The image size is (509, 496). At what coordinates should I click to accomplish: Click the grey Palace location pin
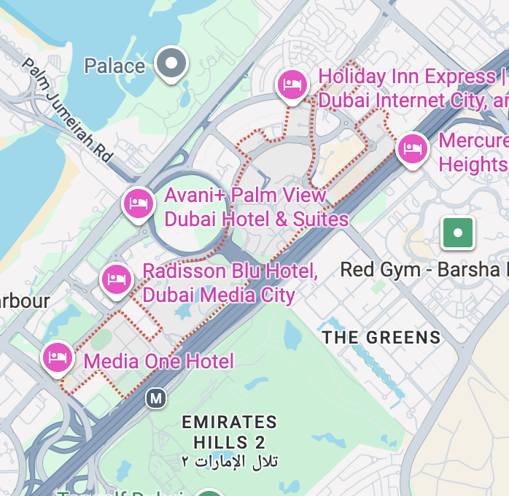(x=171, y=63)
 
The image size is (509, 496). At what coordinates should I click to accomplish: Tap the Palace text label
(x=114, y=66)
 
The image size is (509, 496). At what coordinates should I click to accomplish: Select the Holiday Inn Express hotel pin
(x=292, y=84)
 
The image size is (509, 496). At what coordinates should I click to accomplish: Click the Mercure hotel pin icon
(x=413, y=149)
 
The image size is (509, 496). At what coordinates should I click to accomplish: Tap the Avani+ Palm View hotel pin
(x=139, y=203)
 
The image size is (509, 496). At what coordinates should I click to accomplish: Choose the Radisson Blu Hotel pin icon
(x=116, y=279)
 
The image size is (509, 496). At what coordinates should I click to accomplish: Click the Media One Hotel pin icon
(x=58, y=357)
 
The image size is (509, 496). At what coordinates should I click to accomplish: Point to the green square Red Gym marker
(x=458, y=233)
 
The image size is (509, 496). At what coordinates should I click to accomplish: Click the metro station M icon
(x=155, y=398)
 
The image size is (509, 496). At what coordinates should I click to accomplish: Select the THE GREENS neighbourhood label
(x=381, y=337)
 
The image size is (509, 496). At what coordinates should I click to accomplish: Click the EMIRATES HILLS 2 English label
(x=229, y=432)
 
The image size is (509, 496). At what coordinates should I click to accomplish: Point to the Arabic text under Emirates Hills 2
(x=229, y=461)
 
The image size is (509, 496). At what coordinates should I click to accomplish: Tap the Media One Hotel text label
(x=159, y=361)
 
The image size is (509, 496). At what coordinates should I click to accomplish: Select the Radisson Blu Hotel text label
(x=230, y=283)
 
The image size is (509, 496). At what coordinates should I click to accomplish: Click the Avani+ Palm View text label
(x=256, y=207)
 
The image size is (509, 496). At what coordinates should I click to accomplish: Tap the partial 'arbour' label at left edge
(x=25, y=301)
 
